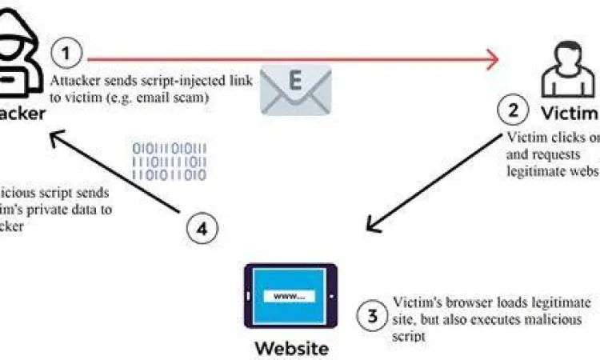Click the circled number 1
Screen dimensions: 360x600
(x=68, y=55)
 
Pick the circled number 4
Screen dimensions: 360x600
(x=203, y=229)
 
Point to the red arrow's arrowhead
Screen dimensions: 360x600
(x=490, y=58)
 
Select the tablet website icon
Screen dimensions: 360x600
(x=289, y=297)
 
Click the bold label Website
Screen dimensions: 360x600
(x=291, y=348)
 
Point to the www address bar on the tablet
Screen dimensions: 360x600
(x=289, y=295)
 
